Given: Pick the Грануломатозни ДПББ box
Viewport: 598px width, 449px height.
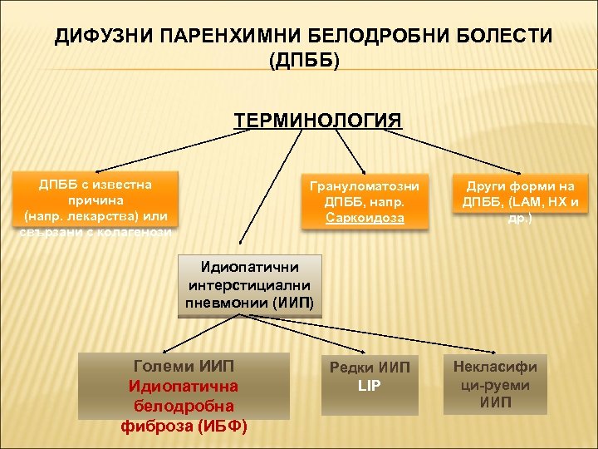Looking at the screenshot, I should [365, 201].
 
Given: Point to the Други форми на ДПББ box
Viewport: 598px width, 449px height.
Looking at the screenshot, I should [520, 201].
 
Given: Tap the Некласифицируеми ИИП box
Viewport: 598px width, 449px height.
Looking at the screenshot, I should [495, 384].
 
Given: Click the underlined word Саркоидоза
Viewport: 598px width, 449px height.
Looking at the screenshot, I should [365, 218].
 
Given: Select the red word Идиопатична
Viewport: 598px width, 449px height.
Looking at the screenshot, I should [184, 386].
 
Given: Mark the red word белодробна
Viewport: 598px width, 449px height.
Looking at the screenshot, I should [184, 406].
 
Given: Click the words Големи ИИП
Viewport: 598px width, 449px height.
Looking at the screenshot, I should [184, 366].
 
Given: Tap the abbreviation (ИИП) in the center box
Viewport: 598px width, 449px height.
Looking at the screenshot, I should [292, 302].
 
